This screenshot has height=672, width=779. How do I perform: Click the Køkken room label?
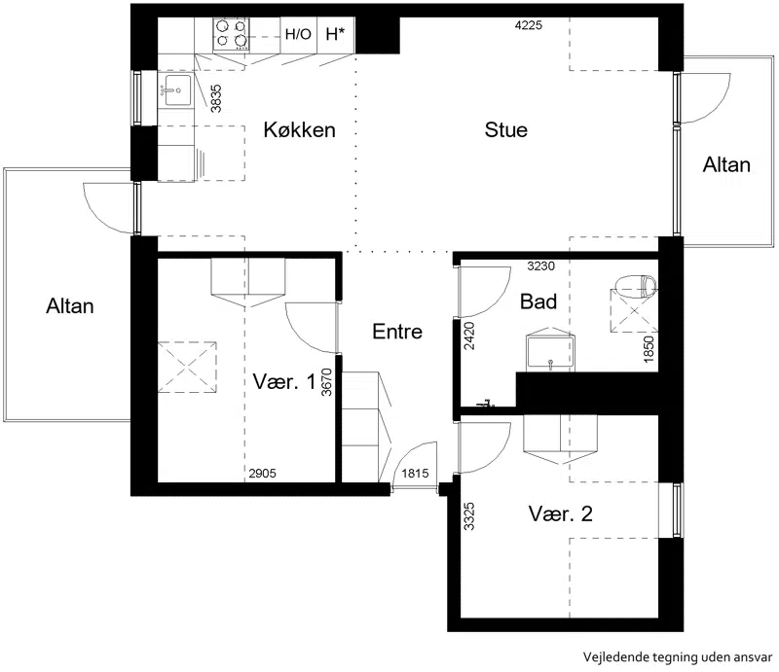point(299,130)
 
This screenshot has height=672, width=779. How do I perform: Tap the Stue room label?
point(505,130)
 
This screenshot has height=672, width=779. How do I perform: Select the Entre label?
point(397,332)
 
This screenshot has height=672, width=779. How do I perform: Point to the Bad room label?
point(538,301)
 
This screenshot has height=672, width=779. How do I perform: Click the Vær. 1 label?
point(284,381)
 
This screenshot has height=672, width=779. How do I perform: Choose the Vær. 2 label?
point(561,513)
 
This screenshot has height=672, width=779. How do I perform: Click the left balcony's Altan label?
point(70,305)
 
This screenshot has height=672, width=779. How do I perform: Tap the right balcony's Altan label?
point(726,164)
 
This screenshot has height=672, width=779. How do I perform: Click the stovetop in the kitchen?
point(231,35)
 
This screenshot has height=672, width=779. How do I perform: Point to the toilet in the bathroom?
point(637,286)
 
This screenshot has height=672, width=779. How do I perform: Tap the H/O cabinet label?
point(298,34)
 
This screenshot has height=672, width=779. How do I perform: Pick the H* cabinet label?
point(335,34)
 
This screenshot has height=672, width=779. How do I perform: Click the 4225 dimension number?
point(529,25)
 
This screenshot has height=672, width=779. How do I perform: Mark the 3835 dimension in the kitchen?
point(216,98)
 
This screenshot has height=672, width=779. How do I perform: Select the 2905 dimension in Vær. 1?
point(262,474)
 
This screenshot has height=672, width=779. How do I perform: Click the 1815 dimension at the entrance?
point(415,474)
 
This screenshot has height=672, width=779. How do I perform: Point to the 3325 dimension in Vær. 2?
point(469,516)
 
